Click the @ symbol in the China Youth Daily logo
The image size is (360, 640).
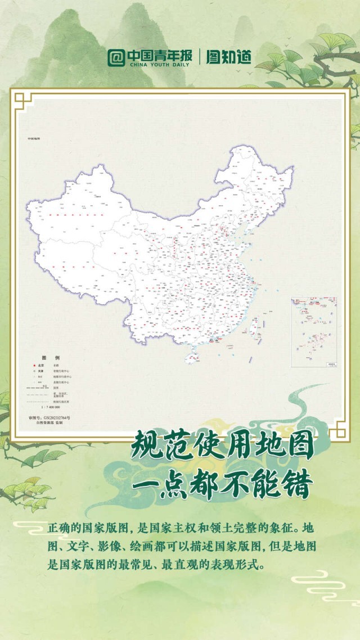click(x=116, y=57)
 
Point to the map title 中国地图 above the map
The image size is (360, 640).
click(x=34, y=138)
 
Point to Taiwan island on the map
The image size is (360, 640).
click(x=253, y=323)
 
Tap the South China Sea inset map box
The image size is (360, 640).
click(x=314, y=332)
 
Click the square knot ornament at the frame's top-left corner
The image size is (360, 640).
click(x=22, y=101)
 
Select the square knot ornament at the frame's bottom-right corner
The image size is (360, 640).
click(x=337, y=431)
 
